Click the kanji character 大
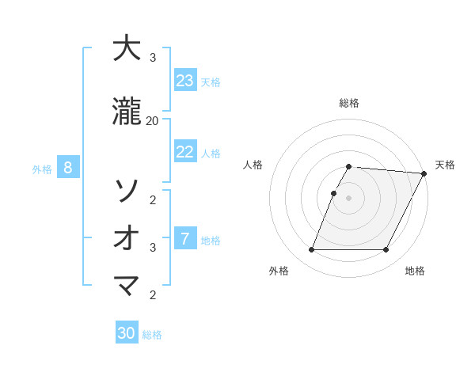point(127,49)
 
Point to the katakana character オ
point(127,237)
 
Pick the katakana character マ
point(127,285)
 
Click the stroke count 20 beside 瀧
point(152,120)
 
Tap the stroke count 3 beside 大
point(152,58)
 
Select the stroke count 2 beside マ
point(152,295)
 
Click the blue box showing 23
point(185,81)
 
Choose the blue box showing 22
point(185,152)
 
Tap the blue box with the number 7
point(185,239)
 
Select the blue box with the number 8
point(68,168)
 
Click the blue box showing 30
point(127,333)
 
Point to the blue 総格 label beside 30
point(152,335)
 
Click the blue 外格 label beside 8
point(42,169)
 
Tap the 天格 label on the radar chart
point(445,165)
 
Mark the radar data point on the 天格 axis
point(424,173)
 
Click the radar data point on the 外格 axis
point(311,250)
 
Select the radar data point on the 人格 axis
point(334,193)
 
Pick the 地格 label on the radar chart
point(415,271)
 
